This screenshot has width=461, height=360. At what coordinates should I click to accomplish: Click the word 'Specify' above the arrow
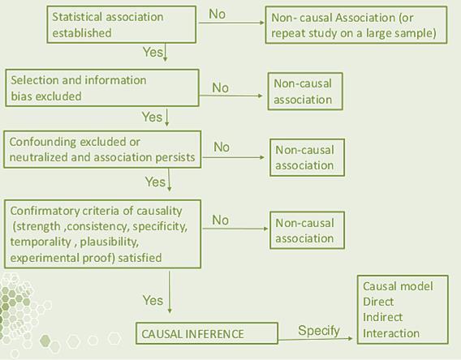click(319, 331)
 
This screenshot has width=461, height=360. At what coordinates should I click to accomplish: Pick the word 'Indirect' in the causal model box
click(382, 317)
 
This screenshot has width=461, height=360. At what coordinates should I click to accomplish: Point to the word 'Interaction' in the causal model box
click(391, 333)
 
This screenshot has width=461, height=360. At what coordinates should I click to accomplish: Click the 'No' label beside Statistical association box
click(217, 14)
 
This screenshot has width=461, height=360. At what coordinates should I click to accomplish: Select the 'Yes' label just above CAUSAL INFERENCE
click(153, 300)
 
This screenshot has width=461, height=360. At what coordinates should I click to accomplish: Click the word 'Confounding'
click(43, 142)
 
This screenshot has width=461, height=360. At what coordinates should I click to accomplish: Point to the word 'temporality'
click(41, 242)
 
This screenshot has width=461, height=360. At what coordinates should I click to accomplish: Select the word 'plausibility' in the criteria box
click(110, 242)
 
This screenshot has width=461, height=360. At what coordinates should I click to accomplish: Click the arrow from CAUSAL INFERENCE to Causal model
click(315, 339)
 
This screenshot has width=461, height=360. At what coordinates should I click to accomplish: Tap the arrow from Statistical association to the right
click(231, 23)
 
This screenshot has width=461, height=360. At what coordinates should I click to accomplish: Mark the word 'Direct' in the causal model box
click(378, 302)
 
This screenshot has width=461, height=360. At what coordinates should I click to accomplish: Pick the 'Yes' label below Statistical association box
click(153, 52)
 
